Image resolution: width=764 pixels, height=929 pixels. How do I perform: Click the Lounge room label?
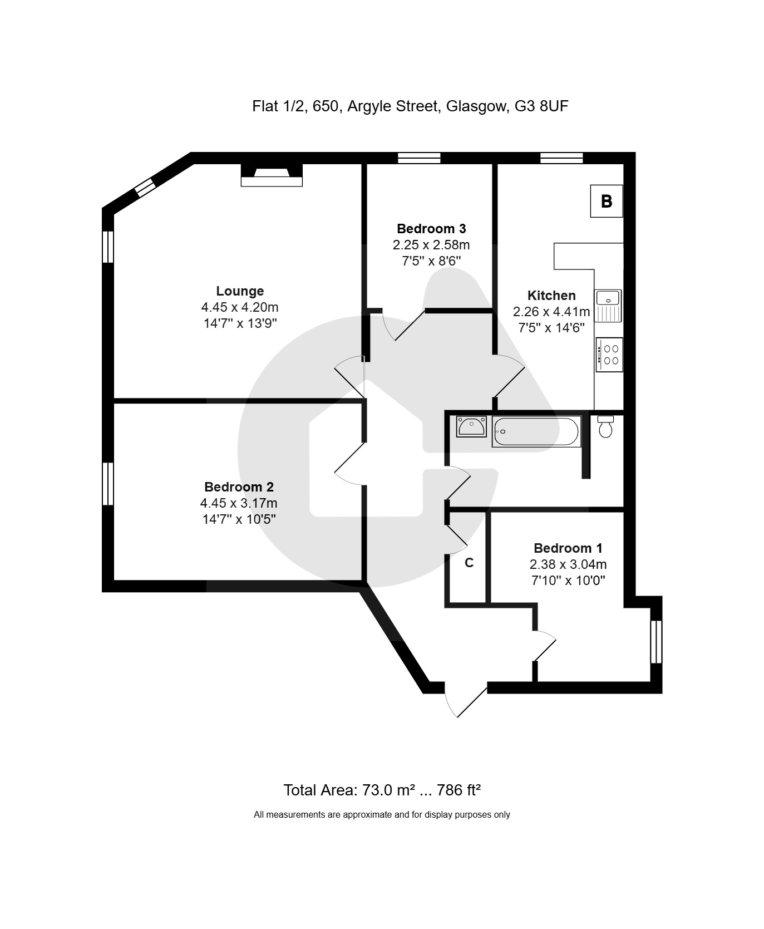tap(240, 291)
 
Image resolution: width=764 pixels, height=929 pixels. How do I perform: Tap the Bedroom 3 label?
tap(431, 228)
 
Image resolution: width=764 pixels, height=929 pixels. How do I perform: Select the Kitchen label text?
tap(551, 296)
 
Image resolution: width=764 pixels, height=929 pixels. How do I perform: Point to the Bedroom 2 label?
tap(239, 487)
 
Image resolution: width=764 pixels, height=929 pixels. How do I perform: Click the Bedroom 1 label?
tap(568, 548)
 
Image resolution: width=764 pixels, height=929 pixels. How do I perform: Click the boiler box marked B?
tap(607, 201)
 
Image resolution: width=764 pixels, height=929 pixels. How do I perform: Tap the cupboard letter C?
tap(469, 563)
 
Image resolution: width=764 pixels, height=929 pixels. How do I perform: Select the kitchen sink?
tap(608, 306)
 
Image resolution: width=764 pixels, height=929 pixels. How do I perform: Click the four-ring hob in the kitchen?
tap(609, 355)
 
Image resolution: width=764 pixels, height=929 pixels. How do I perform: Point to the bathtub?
tap(536, 431)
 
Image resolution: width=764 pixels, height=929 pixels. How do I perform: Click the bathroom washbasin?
tap(471, 427)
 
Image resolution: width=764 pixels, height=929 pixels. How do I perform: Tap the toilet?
tap(605, 426)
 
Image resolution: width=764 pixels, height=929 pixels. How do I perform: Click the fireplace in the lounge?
tap(272, 175)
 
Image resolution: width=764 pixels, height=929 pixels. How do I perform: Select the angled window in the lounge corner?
tap(145, 186)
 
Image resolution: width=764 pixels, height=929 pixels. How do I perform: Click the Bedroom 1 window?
tap(657, 642)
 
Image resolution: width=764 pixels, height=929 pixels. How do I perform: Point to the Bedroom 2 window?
tap(108, 484)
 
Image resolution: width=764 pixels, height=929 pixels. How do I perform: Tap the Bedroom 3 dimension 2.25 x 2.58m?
tap(431, 245)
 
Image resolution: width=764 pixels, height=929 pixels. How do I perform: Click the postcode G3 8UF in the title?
tap(541, 106)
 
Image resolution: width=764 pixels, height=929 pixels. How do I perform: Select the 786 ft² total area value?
tap(459, 790)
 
